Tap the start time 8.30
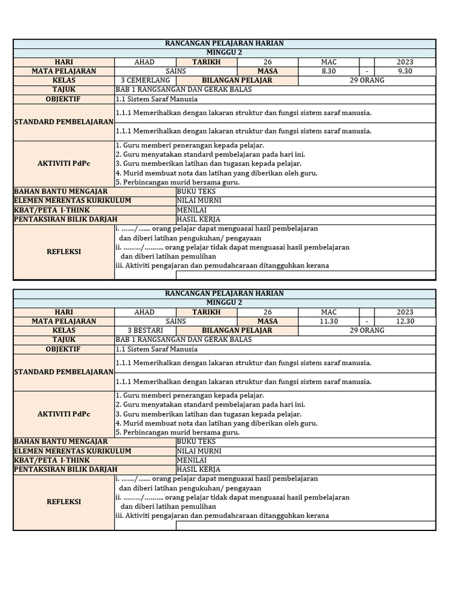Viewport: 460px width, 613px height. pos(329,71)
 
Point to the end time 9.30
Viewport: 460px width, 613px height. pos(405,71)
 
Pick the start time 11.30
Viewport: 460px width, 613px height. pos(329,321)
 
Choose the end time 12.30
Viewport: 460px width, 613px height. pos(405,321)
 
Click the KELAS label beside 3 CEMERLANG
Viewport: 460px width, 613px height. pos(63,80)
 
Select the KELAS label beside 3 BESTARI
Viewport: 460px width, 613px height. pos(63,330)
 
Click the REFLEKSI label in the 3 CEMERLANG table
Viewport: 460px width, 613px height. pos(63,251)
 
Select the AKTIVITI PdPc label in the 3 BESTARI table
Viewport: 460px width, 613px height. pos(63,414)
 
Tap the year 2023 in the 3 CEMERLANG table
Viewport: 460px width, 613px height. pos(405,62)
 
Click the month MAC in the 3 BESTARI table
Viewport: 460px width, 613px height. pos(329,312)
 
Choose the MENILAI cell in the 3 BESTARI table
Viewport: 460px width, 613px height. pos(191,460)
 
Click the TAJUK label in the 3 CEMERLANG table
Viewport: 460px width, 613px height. pos(63,89)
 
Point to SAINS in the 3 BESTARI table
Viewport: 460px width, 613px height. pos(176,321)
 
